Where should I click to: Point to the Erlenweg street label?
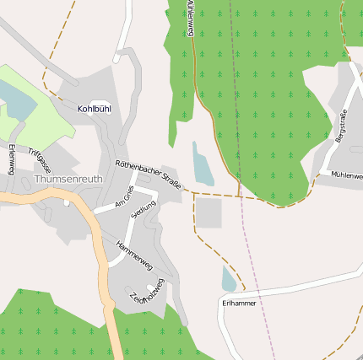click(x=11, y=159)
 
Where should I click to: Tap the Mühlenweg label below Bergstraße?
click(x=347, y=175)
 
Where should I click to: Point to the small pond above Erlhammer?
click(x=229, y=279)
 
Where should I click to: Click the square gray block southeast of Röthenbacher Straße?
click(x=209, y=213)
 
